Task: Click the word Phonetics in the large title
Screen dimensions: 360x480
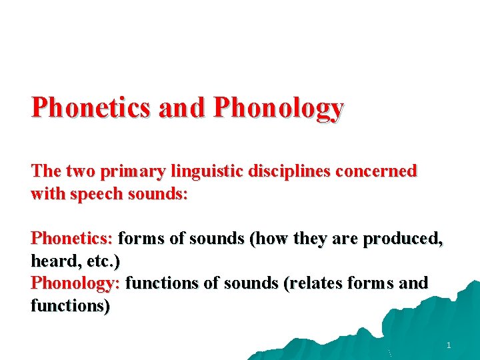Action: pyautogui.click(x=91, y=107)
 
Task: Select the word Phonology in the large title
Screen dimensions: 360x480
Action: pyautogui.click(x=279, y=107)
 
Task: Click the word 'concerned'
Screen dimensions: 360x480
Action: pyautogui.click(x=377, y=171)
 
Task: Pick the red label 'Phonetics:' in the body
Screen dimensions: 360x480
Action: pyautogui.click(x=73, y=238)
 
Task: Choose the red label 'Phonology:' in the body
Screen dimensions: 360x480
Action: pyautogui.click(x=75, y=283)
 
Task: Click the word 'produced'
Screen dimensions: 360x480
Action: pyautogui.click(x=403, y=238)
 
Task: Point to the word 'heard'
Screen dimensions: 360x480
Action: pyautogui.click(x=54, y=260)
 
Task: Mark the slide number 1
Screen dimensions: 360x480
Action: pyautogui.click(x=449, y=345)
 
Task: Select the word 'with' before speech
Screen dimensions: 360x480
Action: pyautogui.click(x=46, y=195)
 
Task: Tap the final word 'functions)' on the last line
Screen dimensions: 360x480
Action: pyautogui.click(x=71, y=306)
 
